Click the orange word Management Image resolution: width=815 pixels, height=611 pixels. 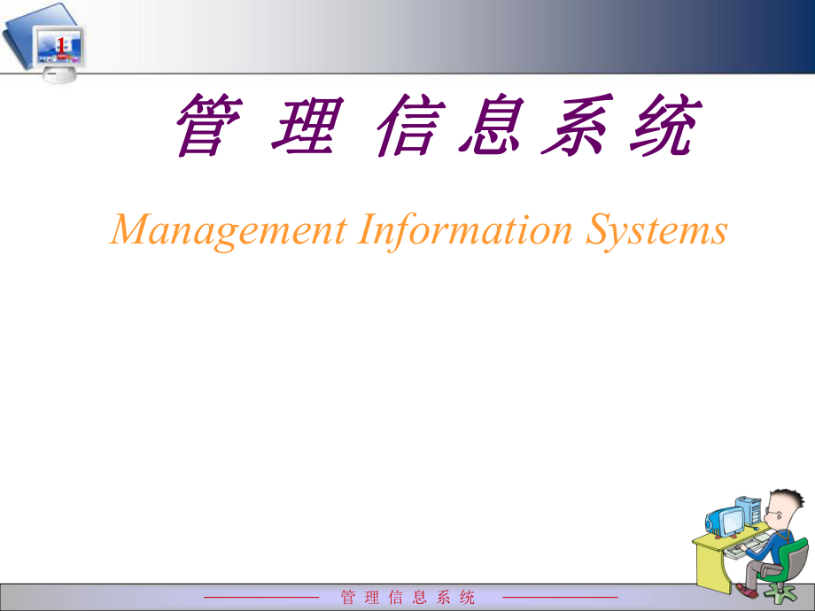(229, 232)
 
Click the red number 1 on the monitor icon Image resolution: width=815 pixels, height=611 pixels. (61, 45)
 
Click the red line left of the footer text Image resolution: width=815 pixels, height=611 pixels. (261, 598)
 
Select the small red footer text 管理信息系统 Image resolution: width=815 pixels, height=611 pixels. (407, 598)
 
